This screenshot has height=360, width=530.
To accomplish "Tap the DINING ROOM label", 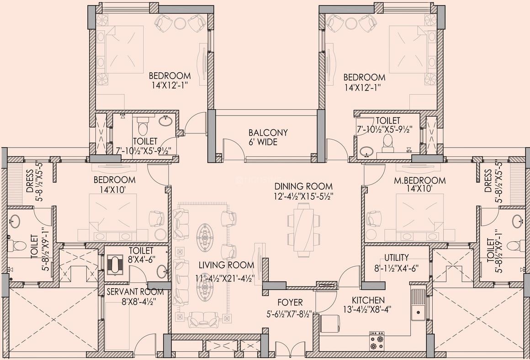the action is pyautogui.click(x=303, y=186).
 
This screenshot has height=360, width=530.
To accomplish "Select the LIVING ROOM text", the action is pyautogui.click(x=226, y=265).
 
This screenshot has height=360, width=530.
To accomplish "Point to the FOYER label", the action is pyautogui.click(x=290, y=302).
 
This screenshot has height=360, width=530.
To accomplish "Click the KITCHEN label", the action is pyautogui.click(x=368, y=300).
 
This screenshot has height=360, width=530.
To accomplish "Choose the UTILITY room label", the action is pyautogui.click(x=397, y=258).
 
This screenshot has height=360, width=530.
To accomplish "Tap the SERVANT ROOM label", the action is pyautogui.click(x=135, y=292).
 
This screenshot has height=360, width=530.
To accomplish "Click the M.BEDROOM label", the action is pyautogui.click(x=420, y=180).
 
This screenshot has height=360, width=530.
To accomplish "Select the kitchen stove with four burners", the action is pyautogui.click(x=377, y=341).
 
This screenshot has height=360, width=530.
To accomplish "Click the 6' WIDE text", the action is pyautogui.click(x=263, y=142).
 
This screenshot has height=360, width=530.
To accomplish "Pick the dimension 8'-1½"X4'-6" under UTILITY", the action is pyautogui.click(x=397, y=268).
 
